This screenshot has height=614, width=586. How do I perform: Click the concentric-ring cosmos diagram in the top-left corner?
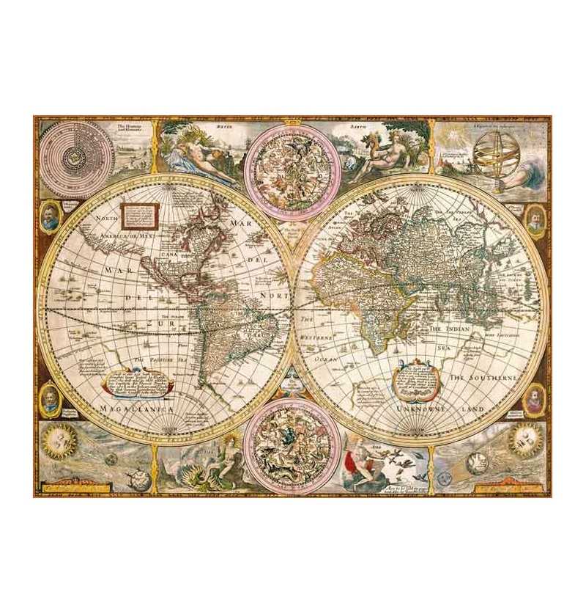[x=76, y=155]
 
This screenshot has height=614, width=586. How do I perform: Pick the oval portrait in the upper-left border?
[x=49, y=219]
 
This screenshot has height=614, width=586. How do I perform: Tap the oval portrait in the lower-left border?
[x=49, y=399]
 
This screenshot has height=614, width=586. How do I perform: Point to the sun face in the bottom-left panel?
[x=56, y=442]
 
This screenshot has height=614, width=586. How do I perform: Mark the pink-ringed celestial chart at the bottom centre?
[x=292, y=445]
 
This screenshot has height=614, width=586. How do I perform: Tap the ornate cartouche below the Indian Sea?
[x=415, y=374]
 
